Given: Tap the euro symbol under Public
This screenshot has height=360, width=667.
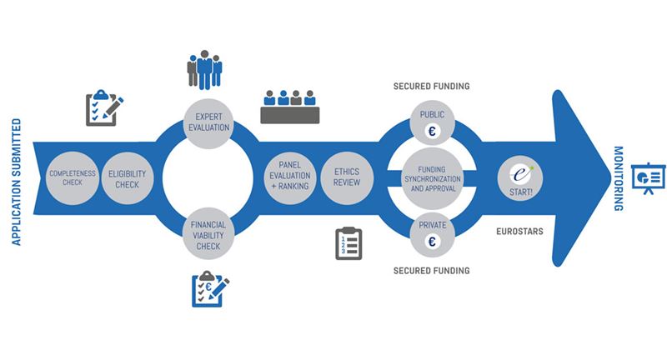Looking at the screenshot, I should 434,132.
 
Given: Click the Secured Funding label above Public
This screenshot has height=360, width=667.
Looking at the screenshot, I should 433,86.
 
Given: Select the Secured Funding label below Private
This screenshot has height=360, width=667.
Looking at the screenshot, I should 433,270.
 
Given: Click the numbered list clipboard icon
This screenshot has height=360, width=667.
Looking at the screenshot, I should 349,243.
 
